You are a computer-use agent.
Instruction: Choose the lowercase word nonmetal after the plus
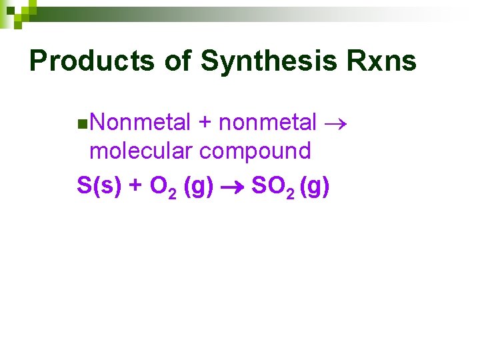click(268, 123)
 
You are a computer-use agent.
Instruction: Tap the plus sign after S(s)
click(135, 186)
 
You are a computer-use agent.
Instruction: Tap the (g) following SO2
click(315, 186)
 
